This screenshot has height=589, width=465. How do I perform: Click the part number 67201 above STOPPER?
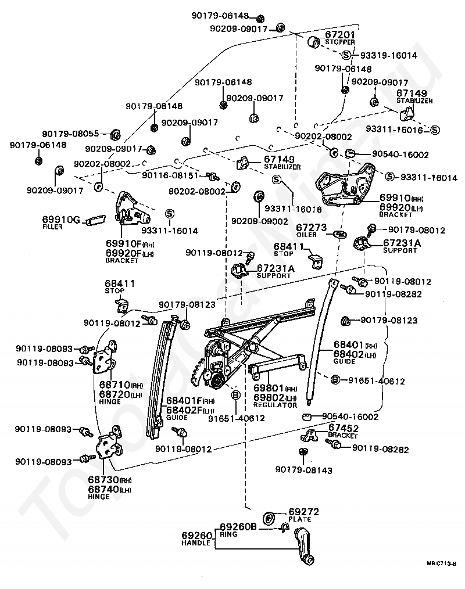tap(340, 35)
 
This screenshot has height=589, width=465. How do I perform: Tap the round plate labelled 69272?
tap(269, 518)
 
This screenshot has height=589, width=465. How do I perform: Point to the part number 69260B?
tap(238, 527)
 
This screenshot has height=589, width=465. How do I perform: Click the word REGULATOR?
tap(275, 405)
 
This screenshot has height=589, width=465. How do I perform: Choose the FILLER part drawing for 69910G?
tap(95, 220)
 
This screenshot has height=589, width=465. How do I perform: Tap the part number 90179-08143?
tap(304, 470)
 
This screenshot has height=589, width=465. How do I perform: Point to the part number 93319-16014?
tap(389, 56)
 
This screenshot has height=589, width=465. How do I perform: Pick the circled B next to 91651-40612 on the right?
tap(335, 380)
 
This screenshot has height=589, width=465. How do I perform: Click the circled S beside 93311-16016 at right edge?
tap(435, 130)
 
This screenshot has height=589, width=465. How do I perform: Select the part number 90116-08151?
tap(170, 175)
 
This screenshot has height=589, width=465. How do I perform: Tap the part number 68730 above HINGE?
tap(103, 480)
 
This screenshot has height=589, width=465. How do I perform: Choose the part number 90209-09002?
tap(259, 221)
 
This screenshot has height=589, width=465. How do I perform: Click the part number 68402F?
tap(184, 410)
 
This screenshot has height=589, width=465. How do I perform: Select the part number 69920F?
tap(124, 253)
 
